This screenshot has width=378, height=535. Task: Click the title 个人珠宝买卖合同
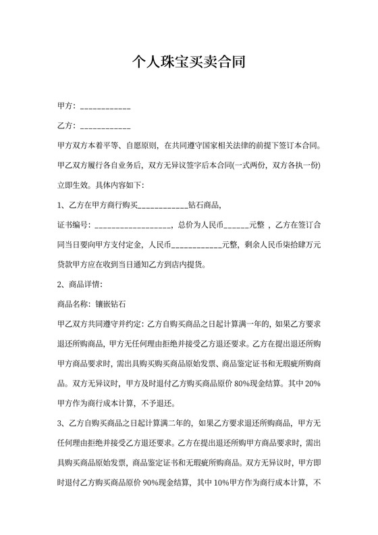[x=188, y=63]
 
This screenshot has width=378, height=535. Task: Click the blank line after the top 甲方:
[x=105, y=108]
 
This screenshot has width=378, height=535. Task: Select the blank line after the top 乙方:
[x=105, y=127]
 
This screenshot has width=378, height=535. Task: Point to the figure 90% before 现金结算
[x=244, y=484]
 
